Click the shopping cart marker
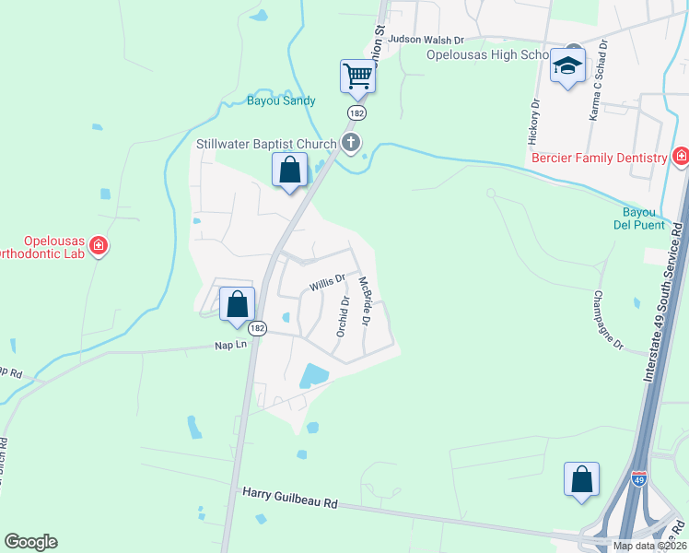tap(357, 76)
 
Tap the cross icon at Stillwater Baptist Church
tap(350, 143)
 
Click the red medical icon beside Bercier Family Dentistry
tap(680, 157)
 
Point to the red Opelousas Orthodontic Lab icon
tap(99, 246)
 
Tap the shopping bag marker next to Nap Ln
tap(238, 302)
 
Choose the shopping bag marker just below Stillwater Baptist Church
tap(290, 170)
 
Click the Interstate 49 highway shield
tap(639, 478)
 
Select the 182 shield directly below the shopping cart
tap(356, 112)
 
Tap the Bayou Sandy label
tap(281, 100)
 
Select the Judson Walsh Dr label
tap(426, 40)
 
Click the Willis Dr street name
tap(327, 281)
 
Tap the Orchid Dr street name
tap(343, 315)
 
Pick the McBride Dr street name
tap(364, 301)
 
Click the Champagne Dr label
tap(608, 321)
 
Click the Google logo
tap(30, 542)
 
